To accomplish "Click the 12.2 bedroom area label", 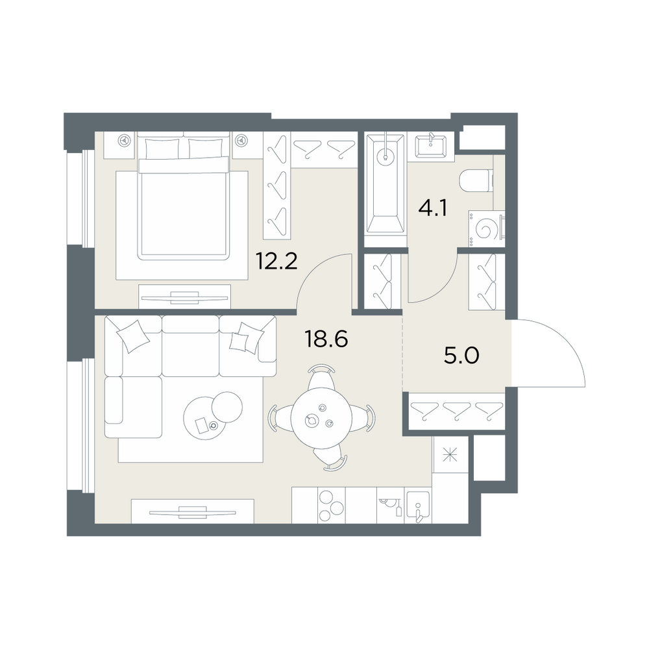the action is tap(276, 261).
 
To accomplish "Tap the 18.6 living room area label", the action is tap(326, 339).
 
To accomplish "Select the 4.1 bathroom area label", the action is tap(432, 208).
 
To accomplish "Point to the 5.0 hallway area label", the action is tap(461, 356).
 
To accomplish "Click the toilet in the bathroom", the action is tap(476, 180).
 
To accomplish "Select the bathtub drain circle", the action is tap(386, 158).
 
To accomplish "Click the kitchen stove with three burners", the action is tap(331, 505).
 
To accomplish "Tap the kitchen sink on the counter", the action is tap(418, 506).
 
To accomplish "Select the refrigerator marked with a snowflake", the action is tap(450, 456).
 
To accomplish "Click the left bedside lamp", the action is tap(123, 141).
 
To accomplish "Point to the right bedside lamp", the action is tap(241, 141).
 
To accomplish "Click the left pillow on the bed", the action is tap(162, 149).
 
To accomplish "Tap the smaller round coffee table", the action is tap(227, 406).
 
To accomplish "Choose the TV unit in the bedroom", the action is tap(184, 297).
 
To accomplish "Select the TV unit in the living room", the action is tap(193, 511).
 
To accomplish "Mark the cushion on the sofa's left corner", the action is tap(133, 336).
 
